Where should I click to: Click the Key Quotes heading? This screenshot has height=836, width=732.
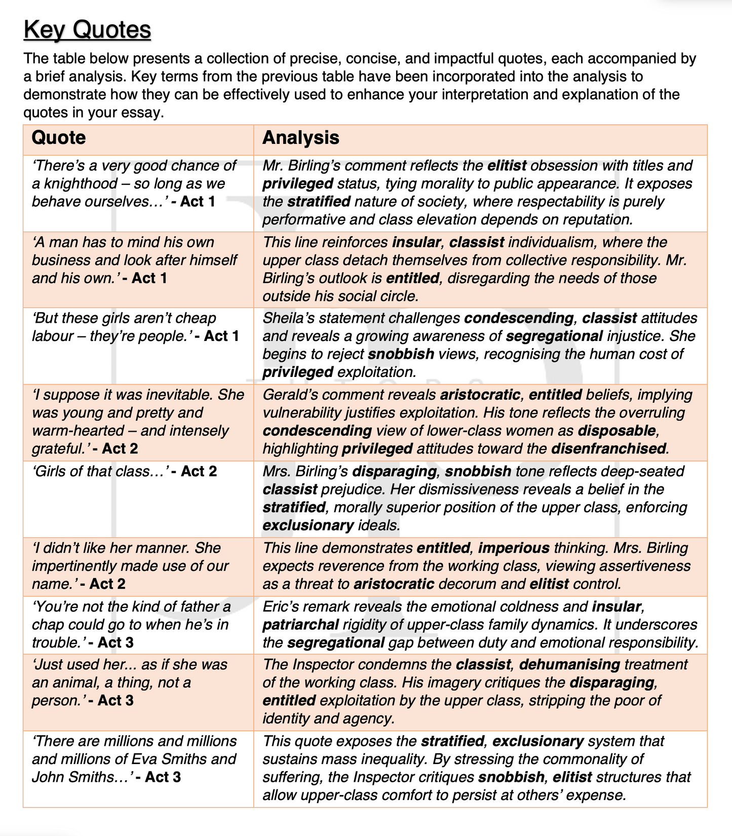pos(87,29)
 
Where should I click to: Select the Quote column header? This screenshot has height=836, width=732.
pos(59,138)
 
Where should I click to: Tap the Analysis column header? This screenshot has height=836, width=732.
pos(300,138)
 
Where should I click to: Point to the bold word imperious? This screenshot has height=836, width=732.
pos(514,548)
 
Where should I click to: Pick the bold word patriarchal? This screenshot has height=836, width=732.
pos(300,624)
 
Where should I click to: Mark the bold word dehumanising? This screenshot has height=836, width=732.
pos(569,664)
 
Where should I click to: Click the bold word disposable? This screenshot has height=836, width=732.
pos(617,431)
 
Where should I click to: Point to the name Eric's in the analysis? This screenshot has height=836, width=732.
pos(281,606)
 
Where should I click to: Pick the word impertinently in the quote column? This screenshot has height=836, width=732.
pos(80,566)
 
